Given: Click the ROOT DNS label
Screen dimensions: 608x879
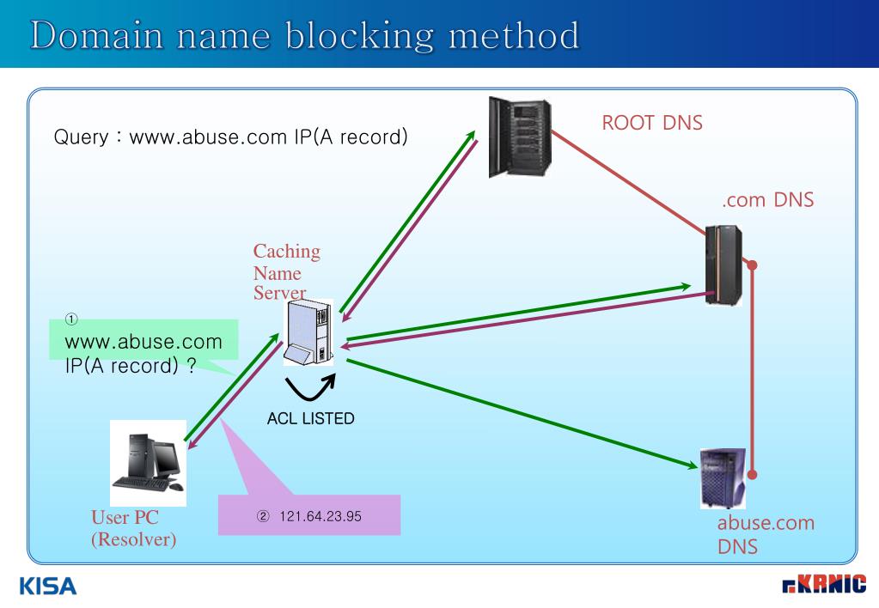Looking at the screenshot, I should (652, 123).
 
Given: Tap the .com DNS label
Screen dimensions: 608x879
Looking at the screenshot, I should (768, 201).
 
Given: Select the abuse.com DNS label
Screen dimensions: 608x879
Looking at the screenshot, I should (766, 534).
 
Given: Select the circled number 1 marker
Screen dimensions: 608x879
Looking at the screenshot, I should (73, 319).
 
